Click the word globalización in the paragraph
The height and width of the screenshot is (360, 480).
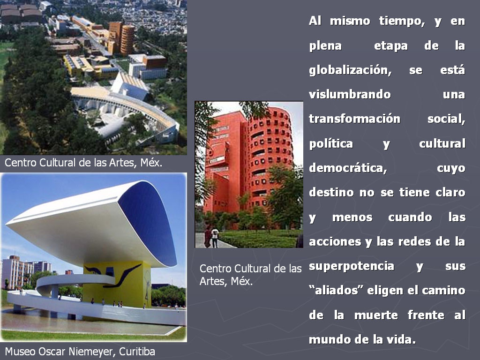click(350, 71)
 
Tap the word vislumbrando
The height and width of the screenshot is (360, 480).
click(350, 94)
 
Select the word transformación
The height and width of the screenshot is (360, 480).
click(354, 119)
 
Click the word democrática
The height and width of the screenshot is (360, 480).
click(348, 168)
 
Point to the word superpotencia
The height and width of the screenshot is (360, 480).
click(352, 266)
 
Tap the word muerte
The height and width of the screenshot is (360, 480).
click(376, 315)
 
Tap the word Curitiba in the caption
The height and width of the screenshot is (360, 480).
click(137, 352)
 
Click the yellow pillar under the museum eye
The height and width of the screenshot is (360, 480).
click(117, 283)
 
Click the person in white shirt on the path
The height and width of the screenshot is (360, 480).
click(216, 237)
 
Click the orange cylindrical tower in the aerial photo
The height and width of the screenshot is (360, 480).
click(127, 40)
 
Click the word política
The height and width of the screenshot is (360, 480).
click(331, 143)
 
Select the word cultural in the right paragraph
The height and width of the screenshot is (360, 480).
click(442, 143)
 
